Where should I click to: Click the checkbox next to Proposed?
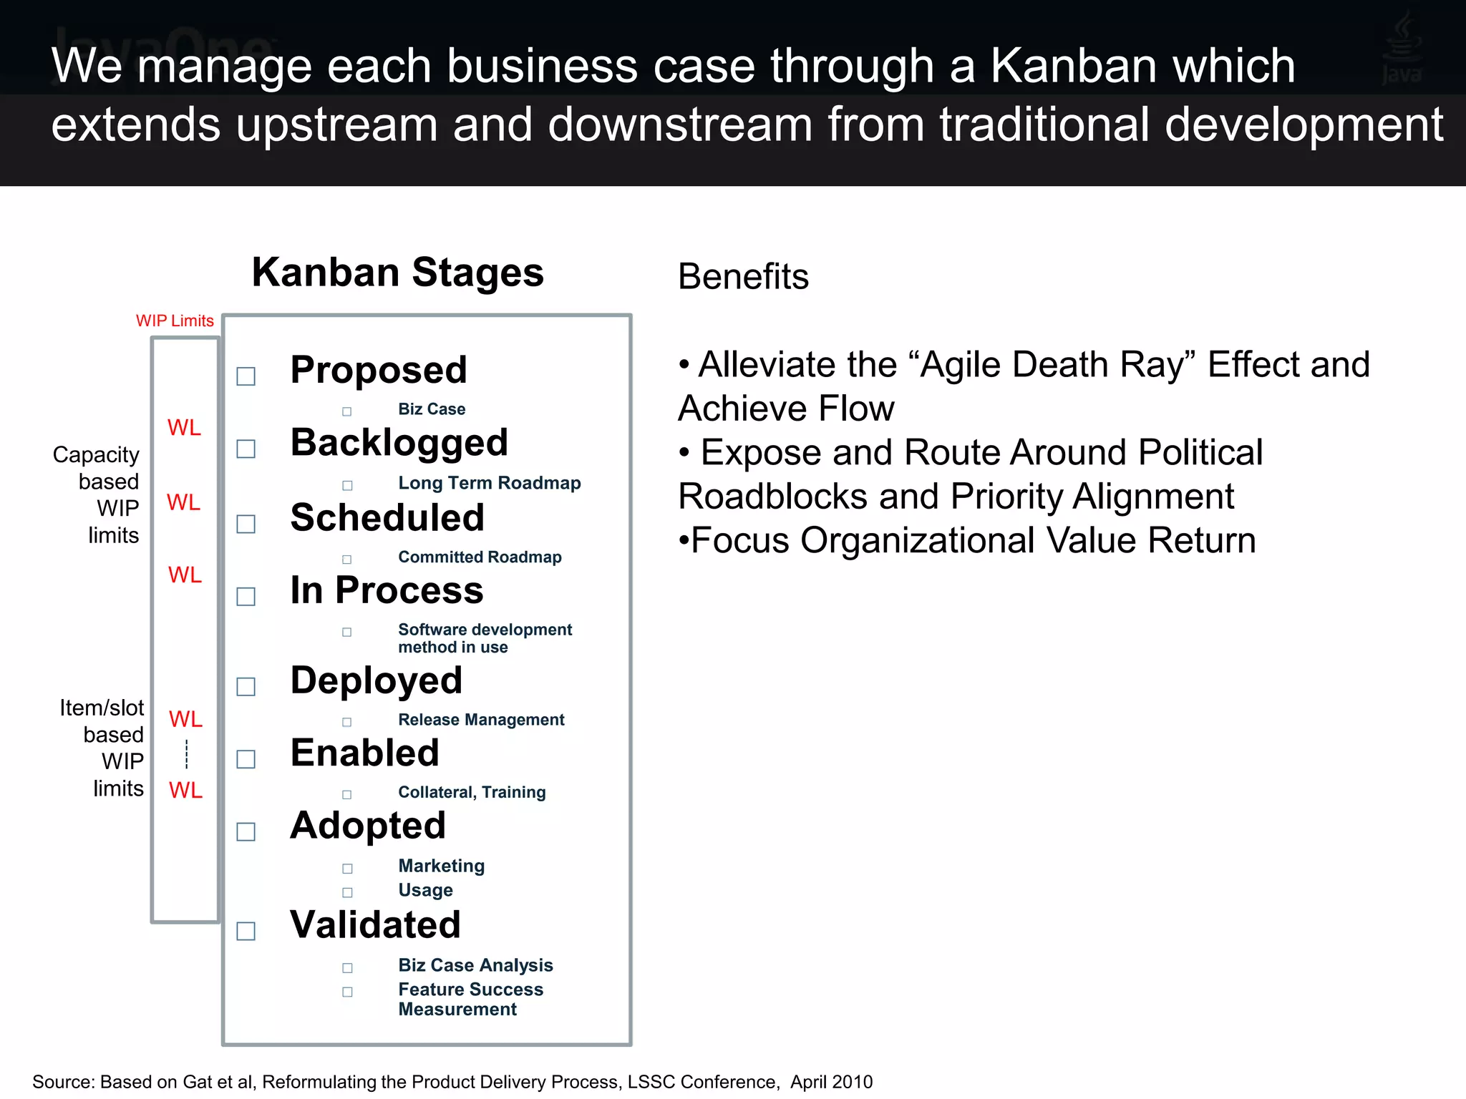246,376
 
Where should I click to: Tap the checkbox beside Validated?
246,931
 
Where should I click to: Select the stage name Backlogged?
399,442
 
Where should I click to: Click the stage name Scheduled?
387,517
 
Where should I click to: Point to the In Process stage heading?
387,590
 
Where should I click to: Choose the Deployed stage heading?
376,680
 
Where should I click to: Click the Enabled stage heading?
364,753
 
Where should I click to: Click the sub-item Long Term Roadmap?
489,483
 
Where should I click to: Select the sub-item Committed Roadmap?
480,557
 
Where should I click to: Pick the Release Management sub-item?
481,720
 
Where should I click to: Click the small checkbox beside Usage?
347,892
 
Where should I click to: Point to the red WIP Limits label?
175,321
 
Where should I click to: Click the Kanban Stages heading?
397,273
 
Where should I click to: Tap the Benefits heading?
743,276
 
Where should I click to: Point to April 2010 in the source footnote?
831,1082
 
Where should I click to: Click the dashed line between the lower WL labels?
187,754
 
